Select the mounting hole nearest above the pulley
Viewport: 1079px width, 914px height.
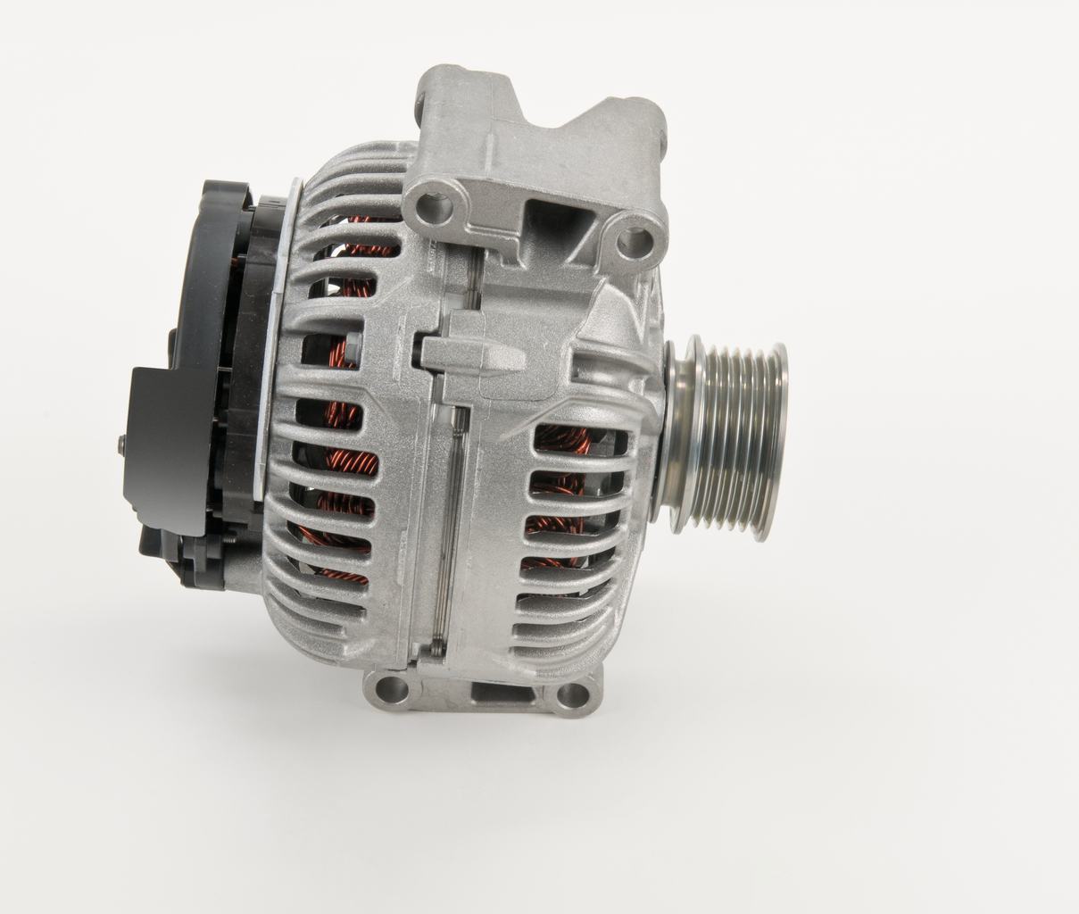click(x=636, y=238)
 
